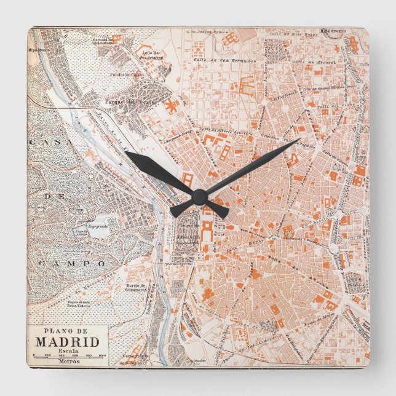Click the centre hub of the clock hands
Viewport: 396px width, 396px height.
click(x=199, y=196)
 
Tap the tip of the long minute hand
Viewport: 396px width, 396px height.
click(x=298, y=141)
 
